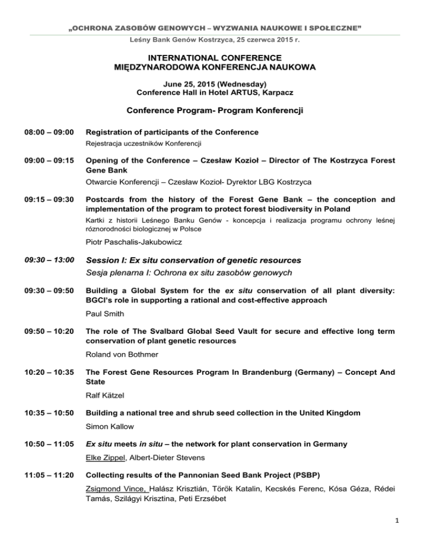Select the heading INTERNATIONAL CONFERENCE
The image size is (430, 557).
[x=214, y=57]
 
